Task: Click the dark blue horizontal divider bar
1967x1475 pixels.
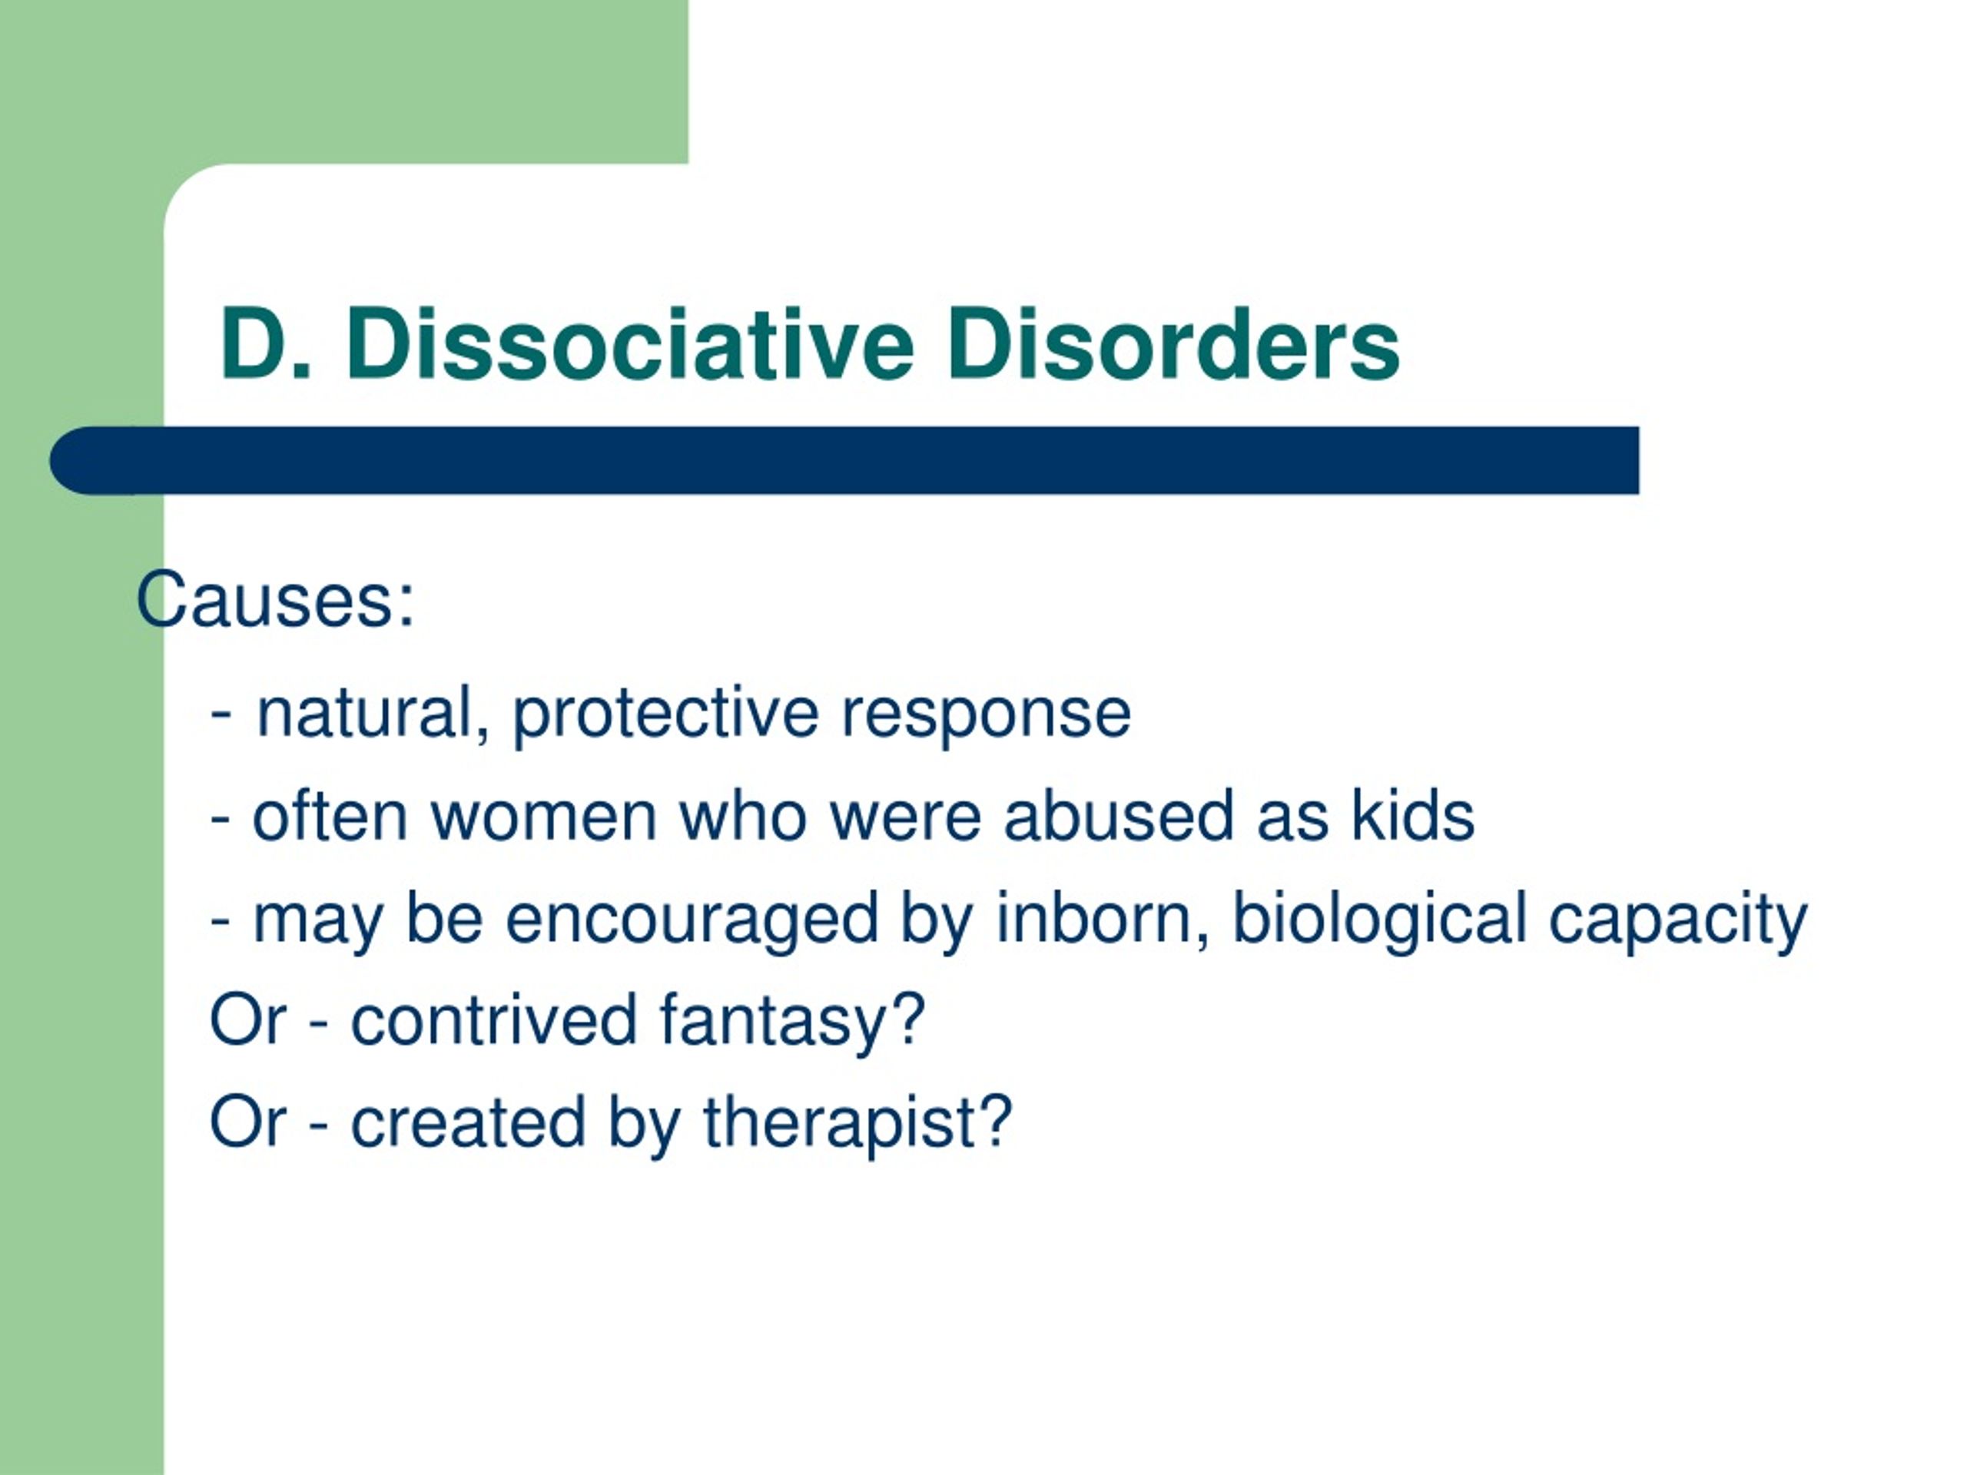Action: (x=844, y=459)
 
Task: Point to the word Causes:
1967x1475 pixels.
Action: (x=276, y=599)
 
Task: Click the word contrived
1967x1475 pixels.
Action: (x=493, y=1019)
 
